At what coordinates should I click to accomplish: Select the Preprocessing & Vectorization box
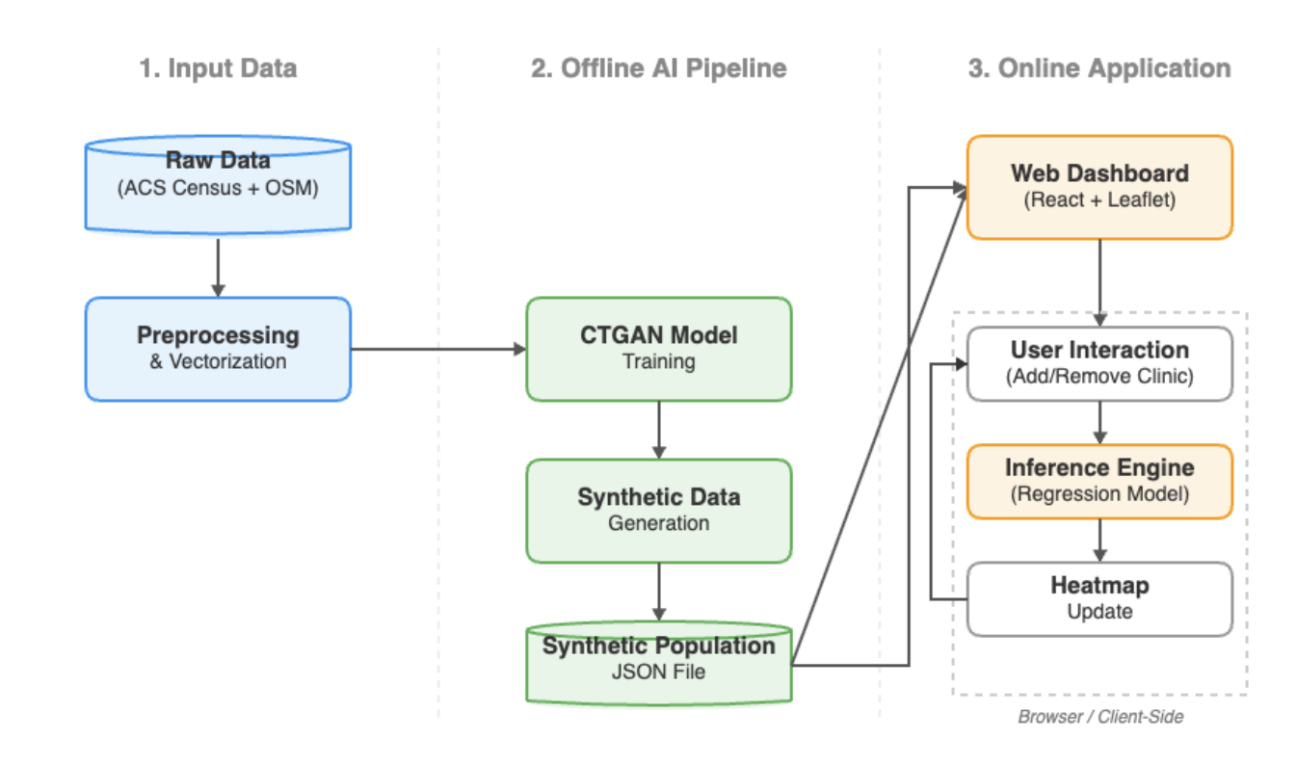click(218, 348)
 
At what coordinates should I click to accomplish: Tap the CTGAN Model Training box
click(658, 348)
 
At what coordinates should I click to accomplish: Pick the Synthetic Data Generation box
click(658, 510)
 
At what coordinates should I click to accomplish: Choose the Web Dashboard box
click(1099, 186)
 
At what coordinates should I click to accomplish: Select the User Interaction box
click(1099, 362)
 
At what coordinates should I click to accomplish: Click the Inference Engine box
click(1099, 481)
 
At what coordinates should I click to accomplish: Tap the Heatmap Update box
click(1099, 598)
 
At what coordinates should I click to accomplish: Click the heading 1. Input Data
click(218, 68)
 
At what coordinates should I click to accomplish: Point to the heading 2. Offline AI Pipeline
click(658, 68)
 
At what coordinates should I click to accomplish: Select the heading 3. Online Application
click(1099, 68)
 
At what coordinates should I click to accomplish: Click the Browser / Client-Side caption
click(1099, 717)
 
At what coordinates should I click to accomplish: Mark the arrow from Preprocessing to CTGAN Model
click(438, 349)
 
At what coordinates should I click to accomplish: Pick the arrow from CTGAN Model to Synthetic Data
click(659, 430)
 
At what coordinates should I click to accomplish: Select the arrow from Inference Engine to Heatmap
click(1099, 541)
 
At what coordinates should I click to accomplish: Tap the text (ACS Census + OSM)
click(218, 189)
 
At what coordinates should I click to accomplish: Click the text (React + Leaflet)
click(1099, 199)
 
